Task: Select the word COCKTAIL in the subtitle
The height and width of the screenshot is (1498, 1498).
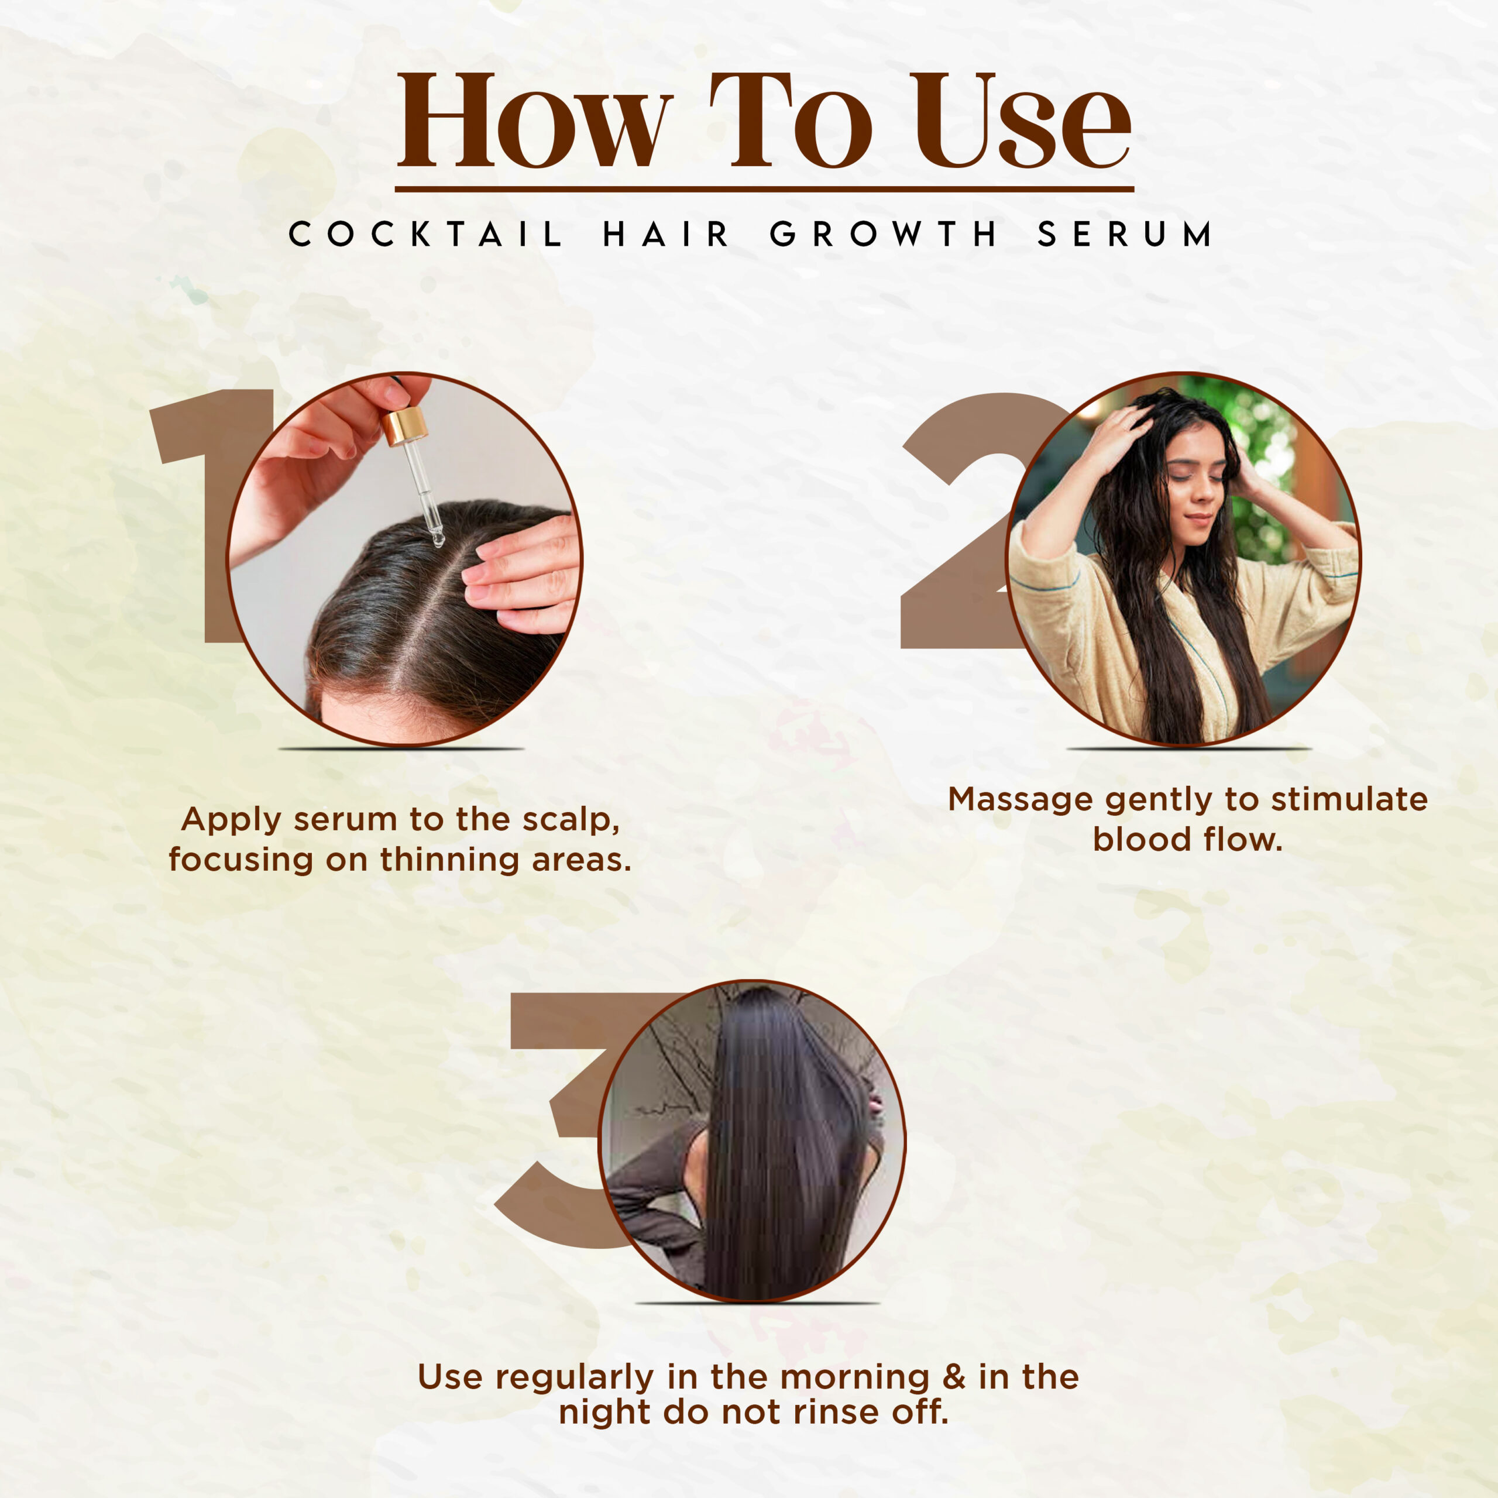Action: (425, 233)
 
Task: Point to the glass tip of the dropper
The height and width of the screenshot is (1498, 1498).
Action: (437, 535)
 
